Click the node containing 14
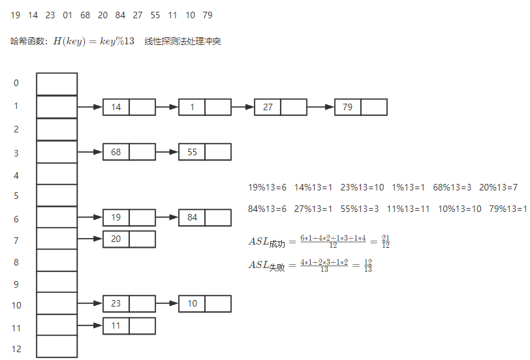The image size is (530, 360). click(x=129, y=107)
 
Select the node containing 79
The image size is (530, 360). click(x=360, y=107)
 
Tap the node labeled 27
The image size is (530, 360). click(x=280, y=107)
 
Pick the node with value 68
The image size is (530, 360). click(x=129, y=152)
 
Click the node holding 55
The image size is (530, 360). click(x=204, y=152)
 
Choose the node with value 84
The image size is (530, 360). click(x=204, y=217)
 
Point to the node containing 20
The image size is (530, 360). click(x=129, y=239)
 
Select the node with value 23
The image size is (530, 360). click(x=129, y=303)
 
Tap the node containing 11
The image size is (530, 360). click(x=129, y=325)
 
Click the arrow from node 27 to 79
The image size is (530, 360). click(x=320, y=107)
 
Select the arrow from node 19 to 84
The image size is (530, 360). click(x=167, y=217)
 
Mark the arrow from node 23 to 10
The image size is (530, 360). click(x=167, y=303)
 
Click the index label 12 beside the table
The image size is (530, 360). click(x=16, y=349)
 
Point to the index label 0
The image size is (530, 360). click(x=16, y=83)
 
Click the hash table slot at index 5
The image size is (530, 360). click(x=57, y=195)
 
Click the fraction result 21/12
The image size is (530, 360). click(x=386, y=241)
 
